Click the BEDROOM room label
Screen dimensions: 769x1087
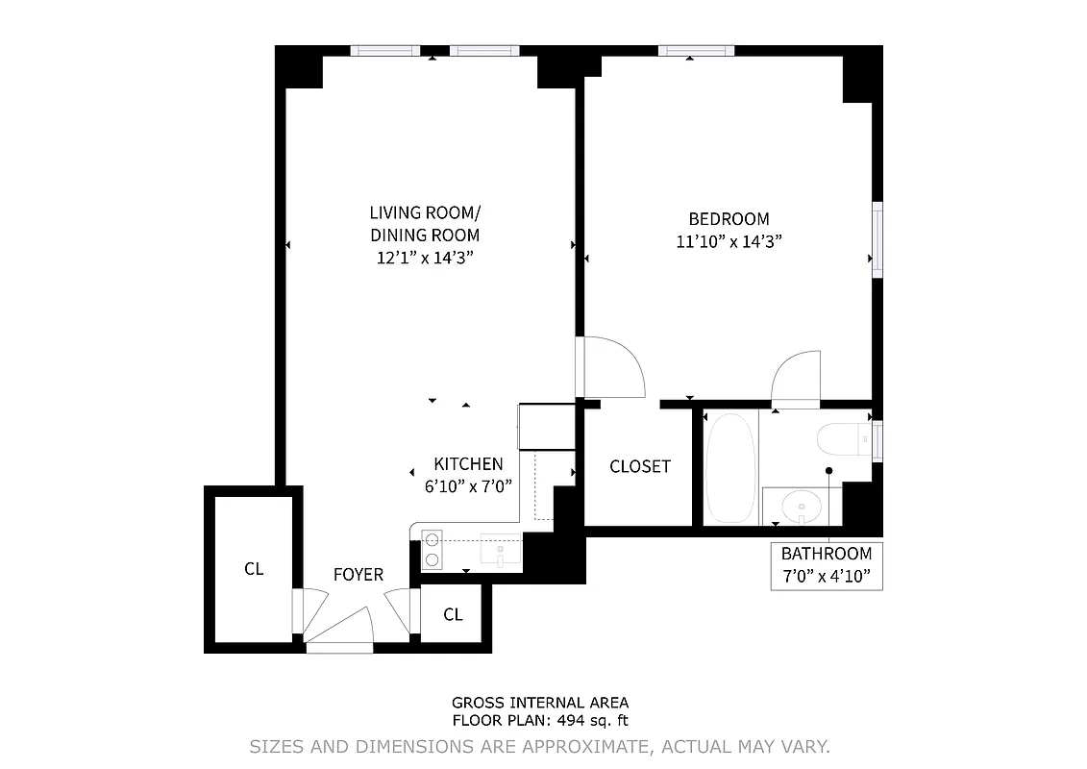(729, 219)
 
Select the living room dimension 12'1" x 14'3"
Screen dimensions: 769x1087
(424, 258)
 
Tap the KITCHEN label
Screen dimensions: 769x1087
(467, 463)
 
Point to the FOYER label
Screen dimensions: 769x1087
(358, 575)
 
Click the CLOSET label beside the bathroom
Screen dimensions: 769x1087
(640, 466)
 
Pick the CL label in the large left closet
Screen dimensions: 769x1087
(253, 569)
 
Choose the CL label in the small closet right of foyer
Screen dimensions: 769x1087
(453, 615)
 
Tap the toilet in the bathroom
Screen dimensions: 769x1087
(846, 439)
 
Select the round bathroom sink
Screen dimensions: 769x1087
(801, 505)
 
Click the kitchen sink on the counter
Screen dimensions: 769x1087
(501, 551)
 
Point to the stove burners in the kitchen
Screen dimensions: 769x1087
(432, 549)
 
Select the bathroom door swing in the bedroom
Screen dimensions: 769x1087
(796, 379)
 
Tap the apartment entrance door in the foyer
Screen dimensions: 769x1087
(340, 630)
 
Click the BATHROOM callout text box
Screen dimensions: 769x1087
(826, 566)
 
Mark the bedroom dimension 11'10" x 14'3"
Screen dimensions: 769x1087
(729, 242)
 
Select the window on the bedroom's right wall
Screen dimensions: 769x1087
(877, 240)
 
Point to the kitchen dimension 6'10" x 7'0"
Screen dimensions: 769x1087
(469, 486)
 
